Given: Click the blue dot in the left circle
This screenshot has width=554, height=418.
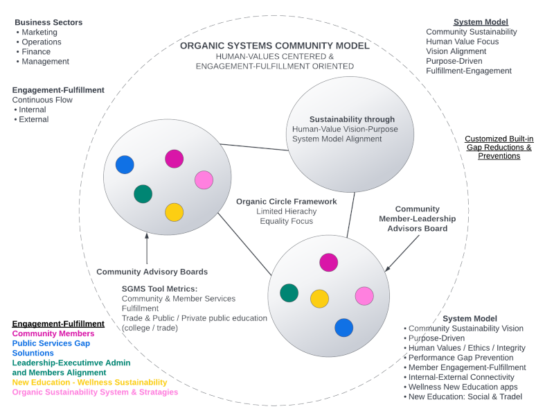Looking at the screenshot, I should [125, 164].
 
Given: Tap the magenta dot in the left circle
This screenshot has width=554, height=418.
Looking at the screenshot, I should [175, 159].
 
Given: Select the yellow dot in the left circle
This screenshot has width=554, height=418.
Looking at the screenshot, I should [175, 212].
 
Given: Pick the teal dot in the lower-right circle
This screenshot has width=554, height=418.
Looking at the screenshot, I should [289, 293].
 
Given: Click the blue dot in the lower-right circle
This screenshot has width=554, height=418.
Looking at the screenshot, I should [344, 327].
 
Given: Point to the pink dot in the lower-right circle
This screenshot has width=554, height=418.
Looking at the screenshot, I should [364, 296].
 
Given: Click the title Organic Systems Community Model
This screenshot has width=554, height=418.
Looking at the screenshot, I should [274, 46].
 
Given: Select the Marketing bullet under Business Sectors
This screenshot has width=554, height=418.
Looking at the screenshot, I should [39, 32].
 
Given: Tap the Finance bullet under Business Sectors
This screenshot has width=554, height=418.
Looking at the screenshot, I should [36, 51].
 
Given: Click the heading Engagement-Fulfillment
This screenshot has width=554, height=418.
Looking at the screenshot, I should [58, 90].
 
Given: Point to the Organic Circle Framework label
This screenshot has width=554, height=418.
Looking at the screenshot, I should [286, 202].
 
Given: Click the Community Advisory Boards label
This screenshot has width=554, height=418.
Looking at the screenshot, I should [152, 272].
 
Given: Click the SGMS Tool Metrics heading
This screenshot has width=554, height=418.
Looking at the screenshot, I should [159, 288].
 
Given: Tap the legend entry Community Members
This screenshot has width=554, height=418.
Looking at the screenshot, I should [53, 333].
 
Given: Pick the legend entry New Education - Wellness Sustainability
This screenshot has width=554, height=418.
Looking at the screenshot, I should [89, 382].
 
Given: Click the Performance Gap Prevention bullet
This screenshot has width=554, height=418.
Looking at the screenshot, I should [460, 357].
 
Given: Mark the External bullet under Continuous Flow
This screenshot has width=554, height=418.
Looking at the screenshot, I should [33, 119].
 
